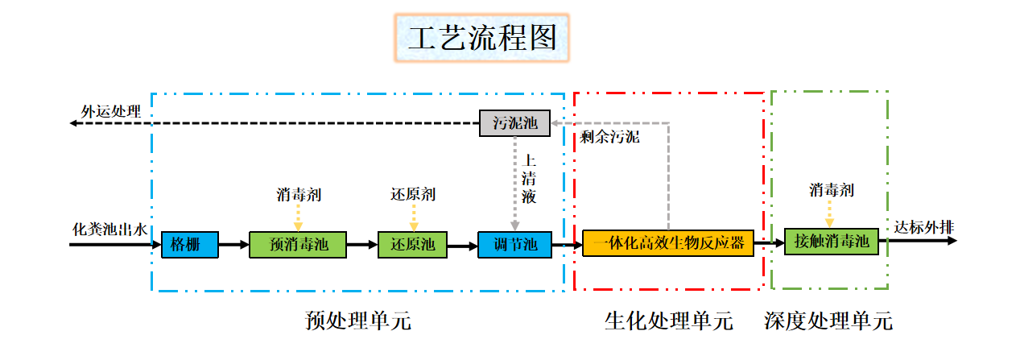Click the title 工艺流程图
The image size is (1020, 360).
point(482,39)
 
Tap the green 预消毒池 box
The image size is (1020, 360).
point(297,244)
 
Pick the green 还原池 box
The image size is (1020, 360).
point(413,244)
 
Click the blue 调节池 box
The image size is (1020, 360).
point(514,244)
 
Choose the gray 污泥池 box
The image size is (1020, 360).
point(514,123)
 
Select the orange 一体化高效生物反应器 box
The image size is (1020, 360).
point(668,243)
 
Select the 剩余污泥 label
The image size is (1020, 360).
point(609,137)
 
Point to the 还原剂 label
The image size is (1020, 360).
point(413,194)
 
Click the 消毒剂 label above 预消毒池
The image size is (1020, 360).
point(298,194)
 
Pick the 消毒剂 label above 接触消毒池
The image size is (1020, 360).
point(832,191)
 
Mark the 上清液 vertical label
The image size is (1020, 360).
point(529,178)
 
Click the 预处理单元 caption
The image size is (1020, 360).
point(358,321)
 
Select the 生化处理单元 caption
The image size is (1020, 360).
point(669,321)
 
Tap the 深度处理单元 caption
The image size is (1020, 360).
point(828,321)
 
